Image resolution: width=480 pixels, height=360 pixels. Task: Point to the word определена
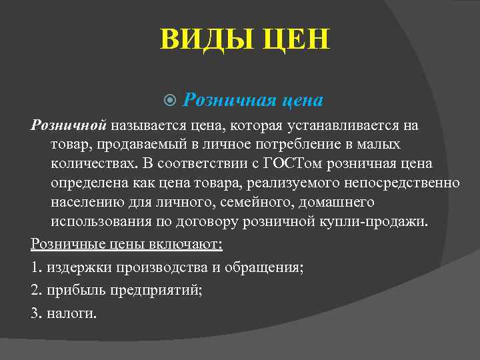(86, 183)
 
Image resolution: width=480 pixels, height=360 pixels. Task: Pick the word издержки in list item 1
(73, 269)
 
